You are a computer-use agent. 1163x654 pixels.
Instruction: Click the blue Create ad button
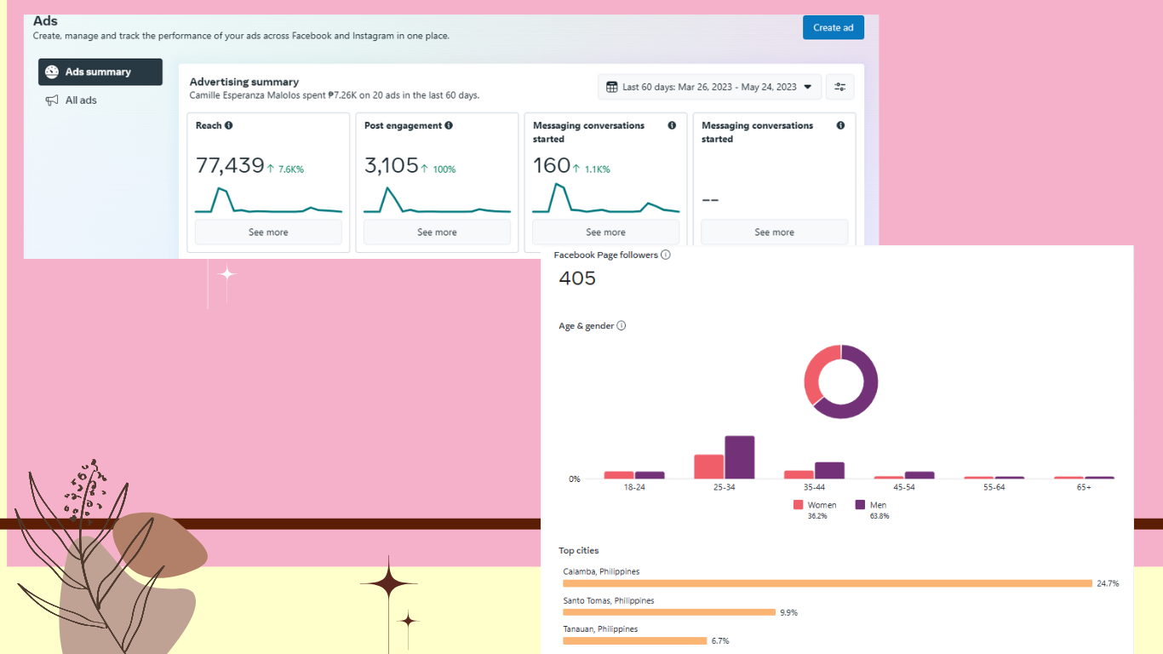click(834, 27)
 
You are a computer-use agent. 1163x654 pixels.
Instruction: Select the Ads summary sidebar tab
click(100, 72)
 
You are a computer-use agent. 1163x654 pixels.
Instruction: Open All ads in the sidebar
click(72, 100)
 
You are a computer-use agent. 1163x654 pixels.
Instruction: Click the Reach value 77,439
click(230, 166)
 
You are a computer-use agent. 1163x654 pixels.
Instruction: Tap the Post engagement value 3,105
click(391, 166)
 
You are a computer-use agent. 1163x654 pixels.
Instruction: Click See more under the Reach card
click(268, 232)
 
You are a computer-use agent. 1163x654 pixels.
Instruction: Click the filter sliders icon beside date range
click(840, 87)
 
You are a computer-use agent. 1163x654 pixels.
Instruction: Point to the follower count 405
click(577, 278)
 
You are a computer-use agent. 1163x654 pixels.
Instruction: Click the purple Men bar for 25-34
click(740, 457)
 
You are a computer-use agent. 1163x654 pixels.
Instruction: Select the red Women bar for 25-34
click(708, 467)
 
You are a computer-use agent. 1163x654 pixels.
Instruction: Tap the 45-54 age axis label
click(904, 487)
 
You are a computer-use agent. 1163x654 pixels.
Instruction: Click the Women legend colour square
click(798, 504)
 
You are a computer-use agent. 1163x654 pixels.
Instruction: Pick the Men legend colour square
click(860, 504)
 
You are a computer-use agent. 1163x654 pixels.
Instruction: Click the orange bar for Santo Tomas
click(669, 612)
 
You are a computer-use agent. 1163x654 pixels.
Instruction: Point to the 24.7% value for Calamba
click(1108, 583)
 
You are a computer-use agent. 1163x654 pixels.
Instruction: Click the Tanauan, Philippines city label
click(600, 629)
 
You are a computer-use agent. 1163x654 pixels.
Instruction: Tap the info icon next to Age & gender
click(621, 325)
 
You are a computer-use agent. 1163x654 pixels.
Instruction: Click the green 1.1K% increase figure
click(597, 169)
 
